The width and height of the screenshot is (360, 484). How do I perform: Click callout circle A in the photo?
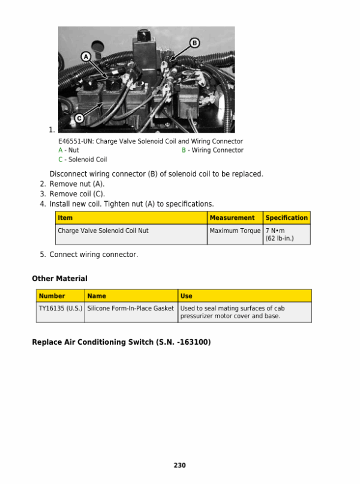tap(85, 56)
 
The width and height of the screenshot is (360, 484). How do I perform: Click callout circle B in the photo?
tap(194, 42)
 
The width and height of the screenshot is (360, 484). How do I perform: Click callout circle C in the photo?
tap(79, 118)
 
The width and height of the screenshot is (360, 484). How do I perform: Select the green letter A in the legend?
tap(61, 150)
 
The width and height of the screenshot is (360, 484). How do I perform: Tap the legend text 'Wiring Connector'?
tap(217, 150)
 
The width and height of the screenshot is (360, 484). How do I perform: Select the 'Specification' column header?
tap(286, 218)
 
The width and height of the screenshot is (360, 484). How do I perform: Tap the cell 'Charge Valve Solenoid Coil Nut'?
tap(103, 231)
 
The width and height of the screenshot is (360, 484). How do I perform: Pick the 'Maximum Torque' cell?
tap(235, 231)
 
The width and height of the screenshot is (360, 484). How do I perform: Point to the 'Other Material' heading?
tap(59, 279)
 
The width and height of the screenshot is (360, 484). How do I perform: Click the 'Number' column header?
tap(52, 296)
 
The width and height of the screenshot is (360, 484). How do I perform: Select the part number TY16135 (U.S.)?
tap(61, 309)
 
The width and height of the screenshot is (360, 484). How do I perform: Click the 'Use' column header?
tap(186, 296)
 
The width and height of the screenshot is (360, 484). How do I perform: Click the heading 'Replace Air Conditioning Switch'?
tap(121, 342)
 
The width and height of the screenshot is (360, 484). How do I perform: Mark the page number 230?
tap(179, 465)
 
